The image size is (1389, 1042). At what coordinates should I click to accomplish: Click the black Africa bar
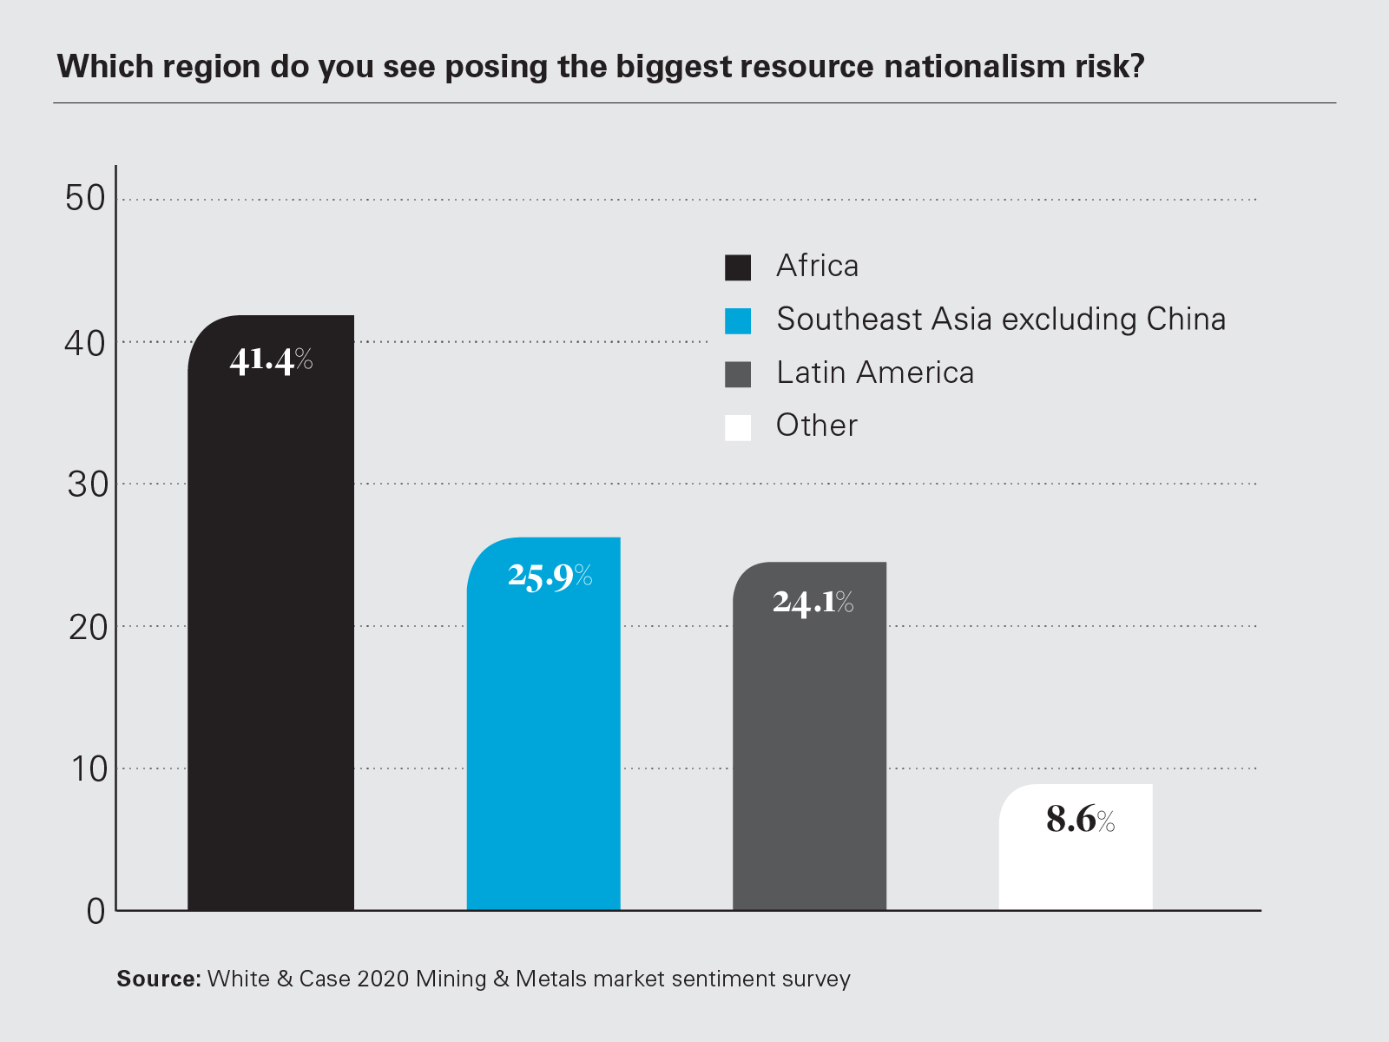tap(271, 625)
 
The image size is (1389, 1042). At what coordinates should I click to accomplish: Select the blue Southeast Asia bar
tap(543, 738)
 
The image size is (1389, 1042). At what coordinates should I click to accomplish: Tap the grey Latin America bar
tap(809, 755)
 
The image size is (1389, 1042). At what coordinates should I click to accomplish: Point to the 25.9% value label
tap(550, 576)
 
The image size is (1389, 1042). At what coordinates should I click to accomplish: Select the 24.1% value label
tap(813, 602)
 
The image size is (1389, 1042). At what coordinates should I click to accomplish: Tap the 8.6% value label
tap(1080, 819)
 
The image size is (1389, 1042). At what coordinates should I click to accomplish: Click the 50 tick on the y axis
tap(85, 199)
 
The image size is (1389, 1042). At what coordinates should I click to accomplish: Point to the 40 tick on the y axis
tap(85, 343)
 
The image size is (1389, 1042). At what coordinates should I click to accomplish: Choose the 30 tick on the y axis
tap(87, 485)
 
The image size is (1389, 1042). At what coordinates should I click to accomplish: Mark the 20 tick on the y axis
tap(87, 627)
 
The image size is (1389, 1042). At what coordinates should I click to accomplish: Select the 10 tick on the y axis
tap(89, 769)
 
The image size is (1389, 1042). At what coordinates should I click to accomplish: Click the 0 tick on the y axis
tap(95, 911)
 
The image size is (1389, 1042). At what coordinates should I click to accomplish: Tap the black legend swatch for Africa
tap(738, 267)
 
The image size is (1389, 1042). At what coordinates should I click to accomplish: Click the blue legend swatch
tap(738, 320)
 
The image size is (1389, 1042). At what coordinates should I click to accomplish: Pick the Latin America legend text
tap(875, 373)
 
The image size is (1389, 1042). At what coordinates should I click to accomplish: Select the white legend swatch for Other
tap(738, 427)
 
